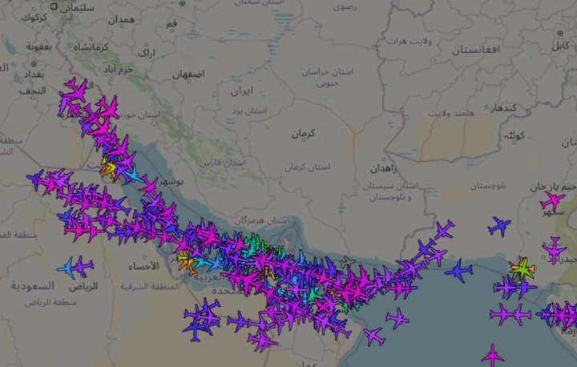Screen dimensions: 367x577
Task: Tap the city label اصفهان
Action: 188,75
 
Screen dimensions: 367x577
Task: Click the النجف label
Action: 32,91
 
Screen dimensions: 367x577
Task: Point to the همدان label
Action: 122,19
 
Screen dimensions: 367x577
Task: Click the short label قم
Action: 172,24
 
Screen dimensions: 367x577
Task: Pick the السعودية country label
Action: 32,286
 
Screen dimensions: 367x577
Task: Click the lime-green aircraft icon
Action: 523,268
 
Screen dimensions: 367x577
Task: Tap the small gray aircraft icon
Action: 346,263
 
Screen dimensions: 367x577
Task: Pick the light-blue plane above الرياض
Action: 69,267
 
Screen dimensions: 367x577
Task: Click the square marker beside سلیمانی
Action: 54,6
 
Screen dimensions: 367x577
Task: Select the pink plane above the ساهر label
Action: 551,200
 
